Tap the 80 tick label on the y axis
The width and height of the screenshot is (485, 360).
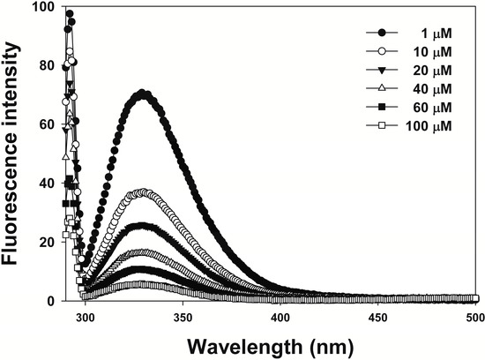[45, 66]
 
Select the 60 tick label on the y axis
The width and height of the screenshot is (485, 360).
[45, 124]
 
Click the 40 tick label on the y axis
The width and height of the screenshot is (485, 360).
[45, 184]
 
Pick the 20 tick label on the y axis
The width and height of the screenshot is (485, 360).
[45, 242]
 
